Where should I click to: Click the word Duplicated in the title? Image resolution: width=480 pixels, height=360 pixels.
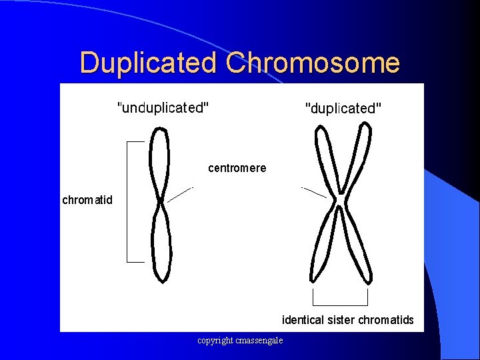coord(149,63)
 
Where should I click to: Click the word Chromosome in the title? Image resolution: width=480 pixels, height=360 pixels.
coord(313,63)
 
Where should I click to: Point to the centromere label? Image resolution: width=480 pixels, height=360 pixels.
coord(237,168)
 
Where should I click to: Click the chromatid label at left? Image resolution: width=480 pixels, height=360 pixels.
coord(87,200)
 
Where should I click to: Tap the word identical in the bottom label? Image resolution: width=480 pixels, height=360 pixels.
coord(304,320)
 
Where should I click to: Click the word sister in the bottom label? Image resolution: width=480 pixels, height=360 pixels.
coord(342,320)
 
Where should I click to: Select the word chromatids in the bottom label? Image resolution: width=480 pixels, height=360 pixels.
coord(386,320)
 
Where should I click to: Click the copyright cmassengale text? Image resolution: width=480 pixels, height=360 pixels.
coord(240,341)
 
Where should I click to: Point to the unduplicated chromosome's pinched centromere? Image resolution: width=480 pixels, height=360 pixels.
coord(161,201)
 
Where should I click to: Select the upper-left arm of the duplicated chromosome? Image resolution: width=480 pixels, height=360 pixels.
coord(326,160)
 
